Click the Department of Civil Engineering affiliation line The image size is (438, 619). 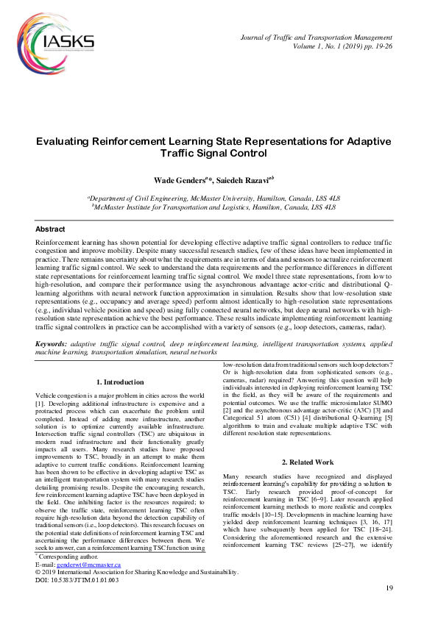click(x=213, y=198)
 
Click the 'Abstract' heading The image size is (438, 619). click(x=50, y=229)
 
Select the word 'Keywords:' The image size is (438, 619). click(x=52, y=344)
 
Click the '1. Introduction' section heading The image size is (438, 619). click(x=120, y=382)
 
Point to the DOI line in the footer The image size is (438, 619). click(x=77, y=600)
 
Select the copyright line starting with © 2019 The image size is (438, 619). click(x=137, y=593)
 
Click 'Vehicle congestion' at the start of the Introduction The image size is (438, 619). click(x=65, y=396)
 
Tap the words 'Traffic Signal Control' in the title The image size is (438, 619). click(x=213, y=154)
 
